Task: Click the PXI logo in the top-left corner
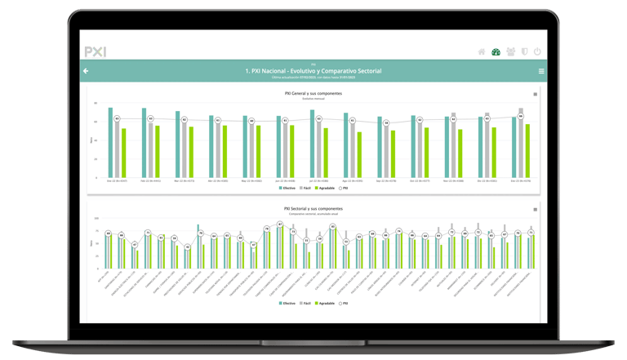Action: coord(96,51)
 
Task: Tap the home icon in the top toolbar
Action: coord(482,51)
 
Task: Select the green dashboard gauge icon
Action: coord(496,51)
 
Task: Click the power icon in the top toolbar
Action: coord(537,51)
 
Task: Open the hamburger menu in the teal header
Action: coord(541,72)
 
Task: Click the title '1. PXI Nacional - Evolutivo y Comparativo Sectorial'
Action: coord(313,71)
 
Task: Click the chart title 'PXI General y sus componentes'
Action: coord(313,94)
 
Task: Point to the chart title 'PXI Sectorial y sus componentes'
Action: coord(313,209)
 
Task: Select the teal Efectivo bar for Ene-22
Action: coord(110,143)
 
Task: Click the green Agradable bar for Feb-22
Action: coord(158,151)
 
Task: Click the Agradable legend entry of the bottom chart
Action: coord(325,303)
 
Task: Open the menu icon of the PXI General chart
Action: coord(536,95)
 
